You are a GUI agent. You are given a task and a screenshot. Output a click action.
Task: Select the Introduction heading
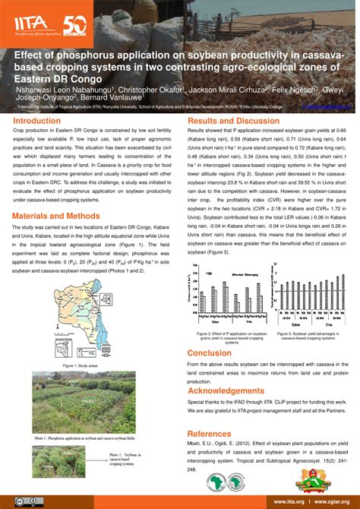point(36,121)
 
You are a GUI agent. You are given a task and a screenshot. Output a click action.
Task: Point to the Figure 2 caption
point(229,337)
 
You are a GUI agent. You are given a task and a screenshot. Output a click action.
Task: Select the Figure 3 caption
point(309,335)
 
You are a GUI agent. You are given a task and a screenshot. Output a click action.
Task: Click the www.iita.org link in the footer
point(289,501)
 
